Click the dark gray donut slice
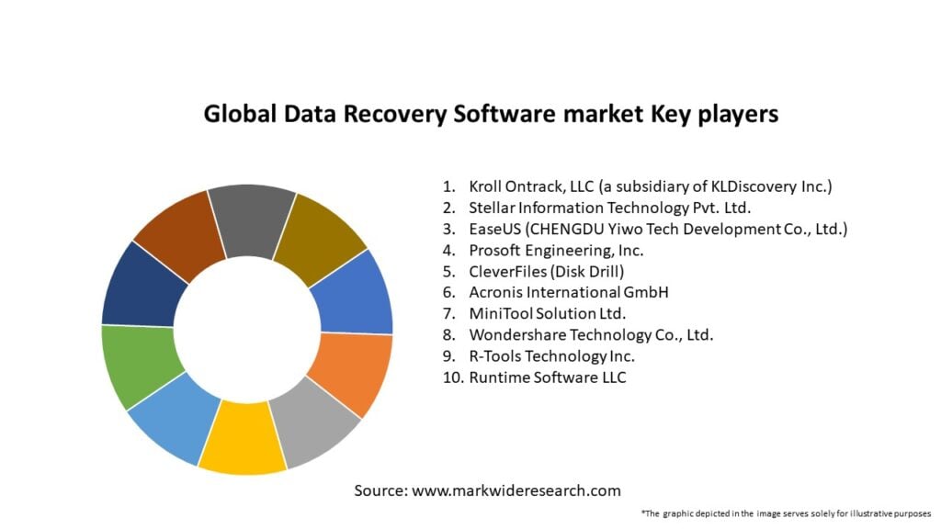[x=251, y=220]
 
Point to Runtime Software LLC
[x=548, y=377]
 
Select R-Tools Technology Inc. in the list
[x=551, y=356]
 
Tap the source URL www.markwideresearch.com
[x=516, y=490]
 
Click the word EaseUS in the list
[x=496, y=229]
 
